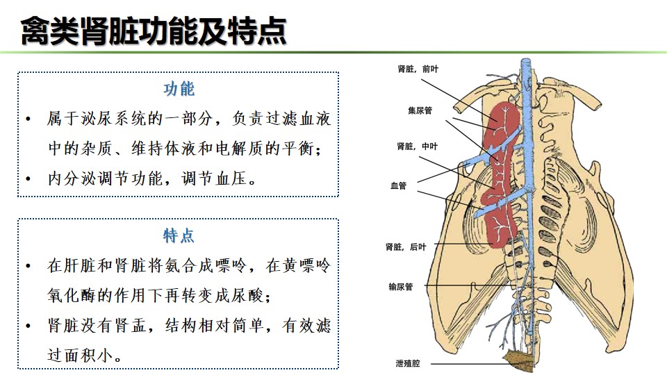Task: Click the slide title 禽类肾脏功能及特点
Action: pos(153,31)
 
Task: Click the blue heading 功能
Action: pos(179,89)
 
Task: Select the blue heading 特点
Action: pos(179,235)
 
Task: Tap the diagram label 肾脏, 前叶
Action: pos(418,69)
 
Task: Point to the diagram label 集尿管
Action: pos(420,110)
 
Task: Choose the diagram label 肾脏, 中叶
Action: pos(417,147)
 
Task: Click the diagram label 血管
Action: pos(399,186)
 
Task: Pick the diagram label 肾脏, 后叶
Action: pos(405,247)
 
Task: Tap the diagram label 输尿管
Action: pos(401,287)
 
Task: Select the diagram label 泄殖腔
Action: pos(408,363)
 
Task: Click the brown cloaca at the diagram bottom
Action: pos(518,359)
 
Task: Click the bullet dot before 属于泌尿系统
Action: pos(28,119)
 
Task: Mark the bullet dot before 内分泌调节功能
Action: pos(28,178)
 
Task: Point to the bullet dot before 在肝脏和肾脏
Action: pos(28,266)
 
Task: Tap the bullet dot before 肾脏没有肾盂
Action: pos(28,326)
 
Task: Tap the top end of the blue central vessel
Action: pos(527,60)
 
